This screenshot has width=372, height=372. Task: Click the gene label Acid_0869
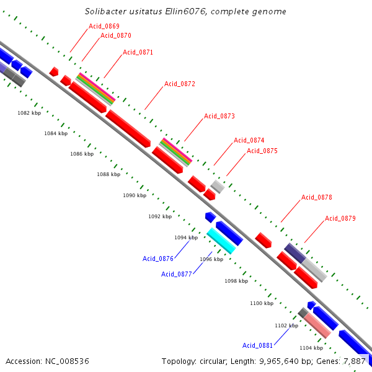tap(104, 26)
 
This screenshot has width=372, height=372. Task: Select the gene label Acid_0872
tap(180, 84)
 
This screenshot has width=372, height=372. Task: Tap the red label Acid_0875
tap(262, 151)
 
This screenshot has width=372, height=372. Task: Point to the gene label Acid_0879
tap(340, 218)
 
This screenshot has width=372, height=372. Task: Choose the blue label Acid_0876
tap(158, 259)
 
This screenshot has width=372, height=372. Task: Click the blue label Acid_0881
tap(258, 345)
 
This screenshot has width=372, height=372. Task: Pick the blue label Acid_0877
tap(177, 274)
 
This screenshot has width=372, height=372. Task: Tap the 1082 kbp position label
tap(29, 113)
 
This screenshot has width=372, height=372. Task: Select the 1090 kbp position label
tap(135, 195)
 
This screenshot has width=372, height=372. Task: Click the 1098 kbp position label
tap(236, 281)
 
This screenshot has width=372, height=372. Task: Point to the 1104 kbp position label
tap(311, 348)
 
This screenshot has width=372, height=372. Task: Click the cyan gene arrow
tap(221, 241)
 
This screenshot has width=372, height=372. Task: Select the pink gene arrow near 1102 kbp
tap(317, 325)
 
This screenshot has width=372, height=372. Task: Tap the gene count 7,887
tap(354, 361)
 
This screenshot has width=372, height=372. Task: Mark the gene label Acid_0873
tap(219, 116)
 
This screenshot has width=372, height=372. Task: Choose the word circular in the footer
tap(213, 361)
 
